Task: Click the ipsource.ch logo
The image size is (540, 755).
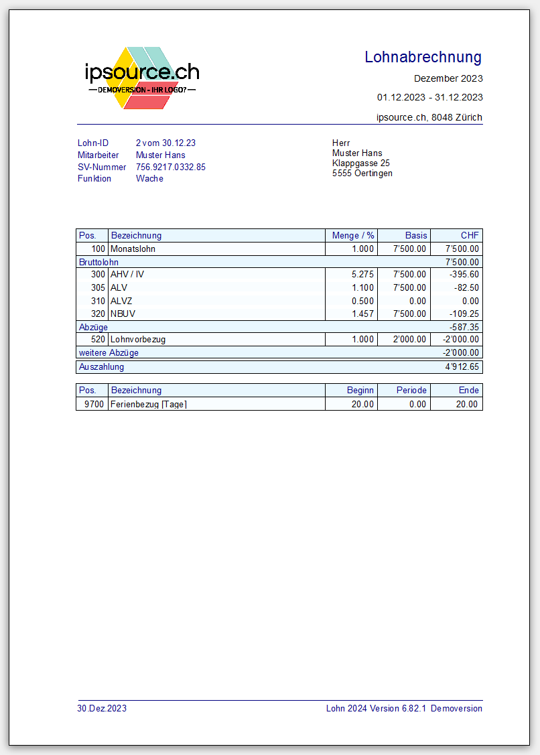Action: (x=142, y=78)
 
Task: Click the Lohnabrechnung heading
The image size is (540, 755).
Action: (x=423, y=58)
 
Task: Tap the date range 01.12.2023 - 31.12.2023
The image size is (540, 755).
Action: (x=429, y=97)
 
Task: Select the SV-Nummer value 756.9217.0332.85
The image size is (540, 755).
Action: (x=170, y=167)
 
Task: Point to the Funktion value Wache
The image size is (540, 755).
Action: (x=149, y=179)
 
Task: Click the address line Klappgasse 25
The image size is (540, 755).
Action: (x=360, y=163)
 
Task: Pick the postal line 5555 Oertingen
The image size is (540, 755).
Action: (x=362, y=174)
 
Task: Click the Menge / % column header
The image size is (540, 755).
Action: (x=352, y=236)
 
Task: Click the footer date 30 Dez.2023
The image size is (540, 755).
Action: (x=102, y=708)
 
